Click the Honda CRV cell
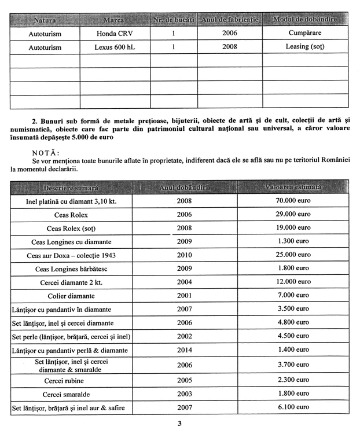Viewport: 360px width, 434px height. point(114,33)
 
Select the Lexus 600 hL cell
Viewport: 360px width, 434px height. point(114,47)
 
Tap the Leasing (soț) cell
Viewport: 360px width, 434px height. point(305,47)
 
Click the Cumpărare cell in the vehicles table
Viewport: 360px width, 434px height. point(305,33)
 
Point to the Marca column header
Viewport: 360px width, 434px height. point(114,20)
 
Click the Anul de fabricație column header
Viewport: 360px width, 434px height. point(229,20)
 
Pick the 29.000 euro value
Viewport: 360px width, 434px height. point(293,215)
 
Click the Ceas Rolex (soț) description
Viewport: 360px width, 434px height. point(71,228)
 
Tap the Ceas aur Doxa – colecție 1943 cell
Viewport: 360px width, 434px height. point(71,255)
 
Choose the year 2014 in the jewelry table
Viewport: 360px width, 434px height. point(185,350)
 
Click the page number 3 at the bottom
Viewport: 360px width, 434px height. point(180,424)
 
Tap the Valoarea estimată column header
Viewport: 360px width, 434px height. point(293,188)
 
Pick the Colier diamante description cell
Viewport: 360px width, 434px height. point(71,296)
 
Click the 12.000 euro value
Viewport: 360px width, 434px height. point(293,282)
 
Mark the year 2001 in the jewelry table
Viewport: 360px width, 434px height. point(185,296)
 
